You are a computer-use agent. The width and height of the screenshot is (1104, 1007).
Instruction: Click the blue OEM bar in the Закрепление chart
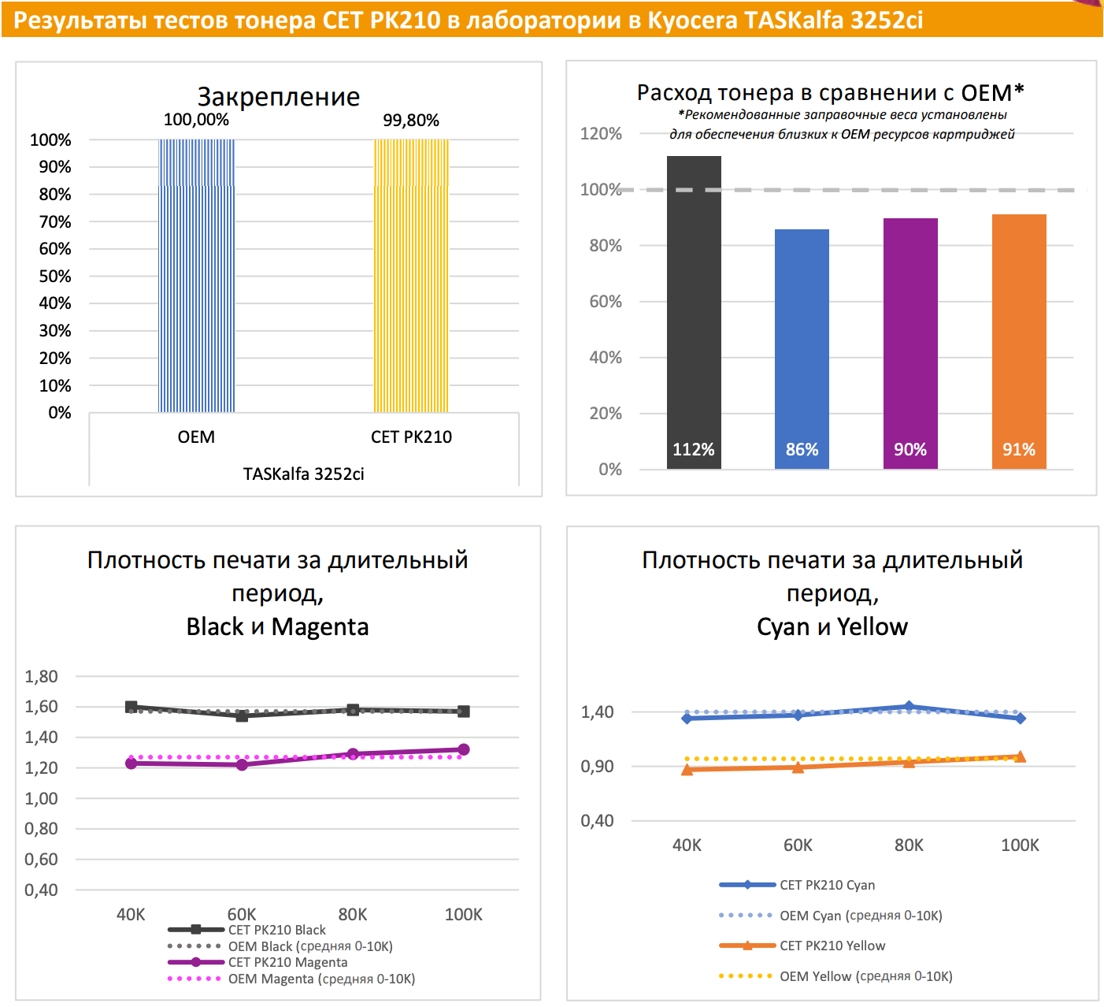tap(196, 276)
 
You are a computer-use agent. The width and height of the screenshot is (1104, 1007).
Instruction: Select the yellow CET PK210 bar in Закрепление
tap(411, 276)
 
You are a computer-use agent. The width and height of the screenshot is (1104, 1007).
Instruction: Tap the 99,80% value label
tap(411, 121)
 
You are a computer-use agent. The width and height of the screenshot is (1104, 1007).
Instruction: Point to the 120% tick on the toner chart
tap(601, 134)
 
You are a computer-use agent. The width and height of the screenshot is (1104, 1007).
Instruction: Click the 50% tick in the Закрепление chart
tap(55, 277)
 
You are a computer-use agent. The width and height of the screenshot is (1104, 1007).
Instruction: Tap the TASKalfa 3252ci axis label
tap(303, 474)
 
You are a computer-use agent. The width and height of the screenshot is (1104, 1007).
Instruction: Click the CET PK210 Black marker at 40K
tap(132, 707)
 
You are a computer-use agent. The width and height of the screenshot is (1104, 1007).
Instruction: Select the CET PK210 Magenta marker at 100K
tap(464, 749)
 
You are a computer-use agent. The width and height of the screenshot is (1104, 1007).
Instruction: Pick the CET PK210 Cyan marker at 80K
tap(909, 707)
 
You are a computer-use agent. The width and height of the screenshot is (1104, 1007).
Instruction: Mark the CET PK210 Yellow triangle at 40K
tap(687, 770)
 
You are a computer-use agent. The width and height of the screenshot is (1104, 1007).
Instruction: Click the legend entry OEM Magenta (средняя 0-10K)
tap(321, 979)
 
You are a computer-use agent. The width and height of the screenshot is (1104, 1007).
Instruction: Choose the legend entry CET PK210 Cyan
tap(827, 885)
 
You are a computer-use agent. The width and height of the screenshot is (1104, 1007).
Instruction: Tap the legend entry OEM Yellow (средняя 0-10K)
tap(865, 976)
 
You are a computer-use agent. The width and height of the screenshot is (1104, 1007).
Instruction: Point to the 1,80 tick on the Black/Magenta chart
tap(42, 676)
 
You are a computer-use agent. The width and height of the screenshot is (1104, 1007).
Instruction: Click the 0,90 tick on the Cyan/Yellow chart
tap(597, 767)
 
